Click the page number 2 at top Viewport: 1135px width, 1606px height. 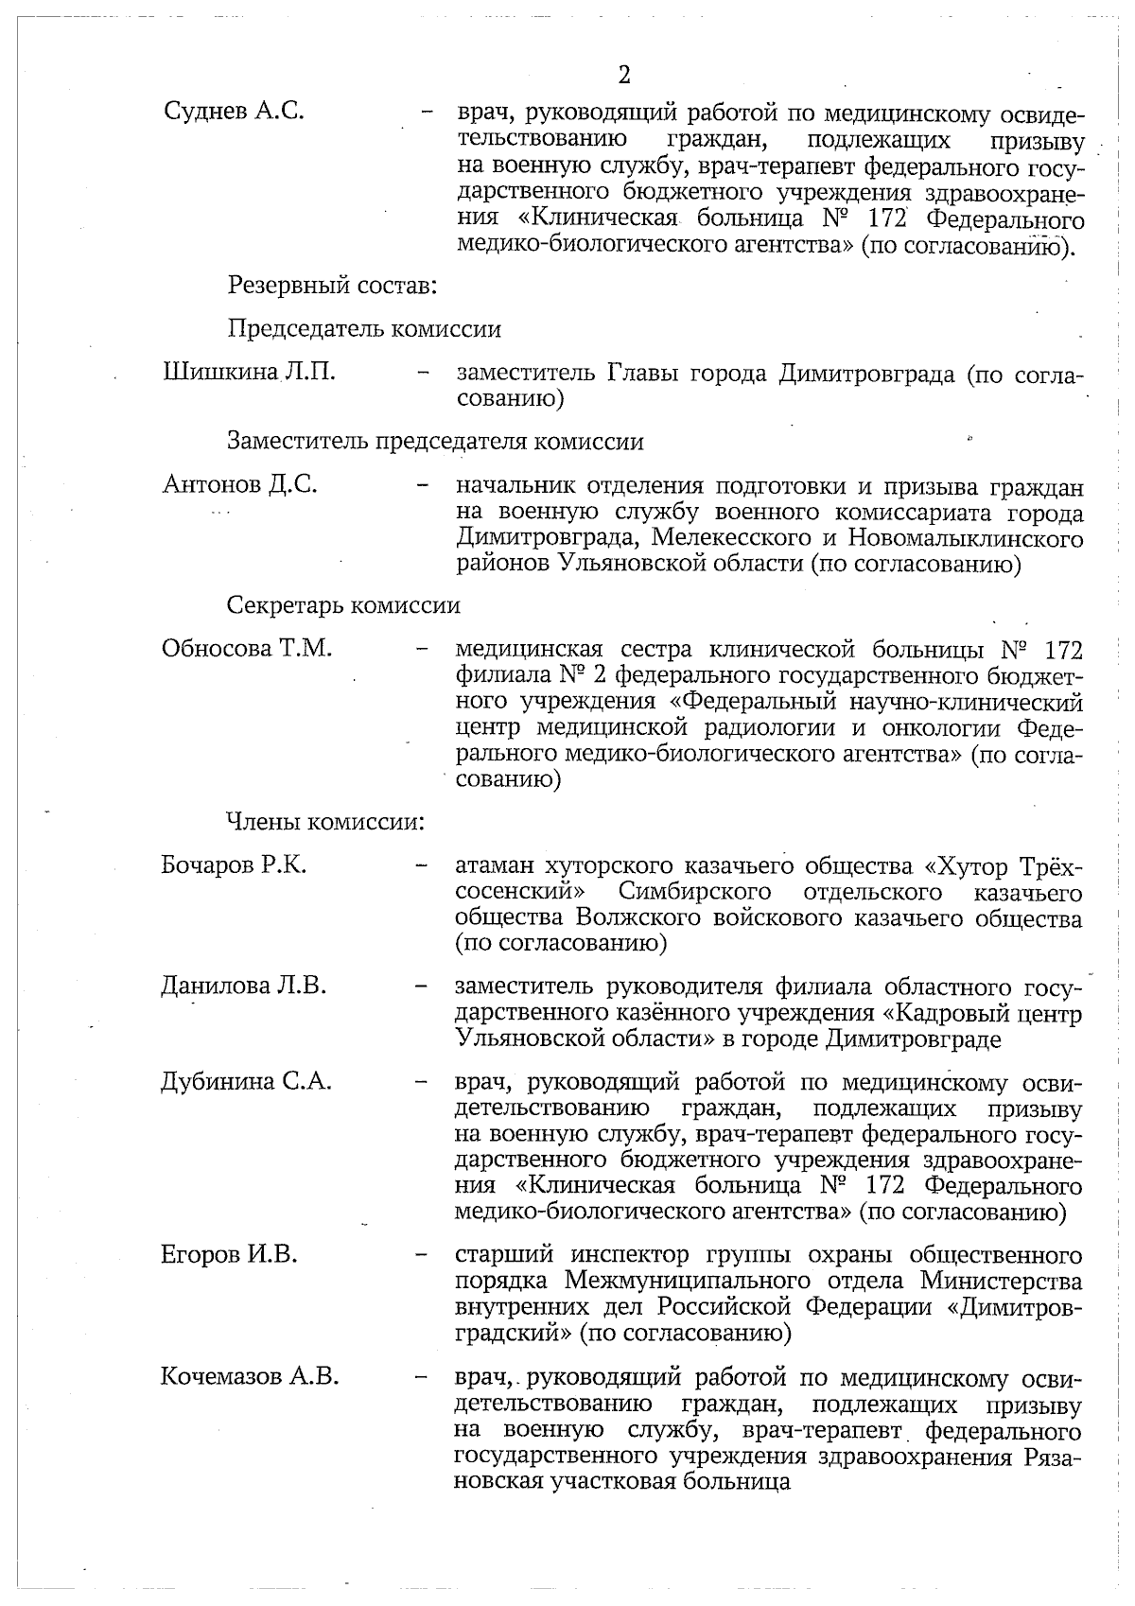tap(623, 75)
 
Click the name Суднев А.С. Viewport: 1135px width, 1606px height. tap(234, 111)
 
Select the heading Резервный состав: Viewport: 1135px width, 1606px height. tap(331, 283)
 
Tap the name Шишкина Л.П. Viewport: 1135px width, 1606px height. tap(249, 372)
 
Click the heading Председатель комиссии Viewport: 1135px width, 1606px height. tap(364, 329)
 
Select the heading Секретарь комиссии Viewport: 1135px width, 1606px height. tap(343, 604)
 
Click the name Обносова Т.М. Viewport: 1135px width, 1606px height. tap(247, 649)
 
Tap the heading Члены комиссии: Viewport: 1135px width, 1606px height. tap(324, 822)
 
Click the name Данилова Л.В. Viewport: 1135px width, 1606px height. tap(243, 986)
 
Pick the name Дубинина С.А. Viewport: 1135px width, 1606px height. tap(246, 1081)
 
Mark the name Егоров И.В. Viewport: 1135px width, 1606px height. tap(229, 1255)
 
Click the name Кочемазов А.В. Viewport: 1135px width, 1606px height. tap(250, 1376)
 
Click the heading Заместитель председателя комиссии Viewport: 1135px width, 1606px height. tap(435, 442)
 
